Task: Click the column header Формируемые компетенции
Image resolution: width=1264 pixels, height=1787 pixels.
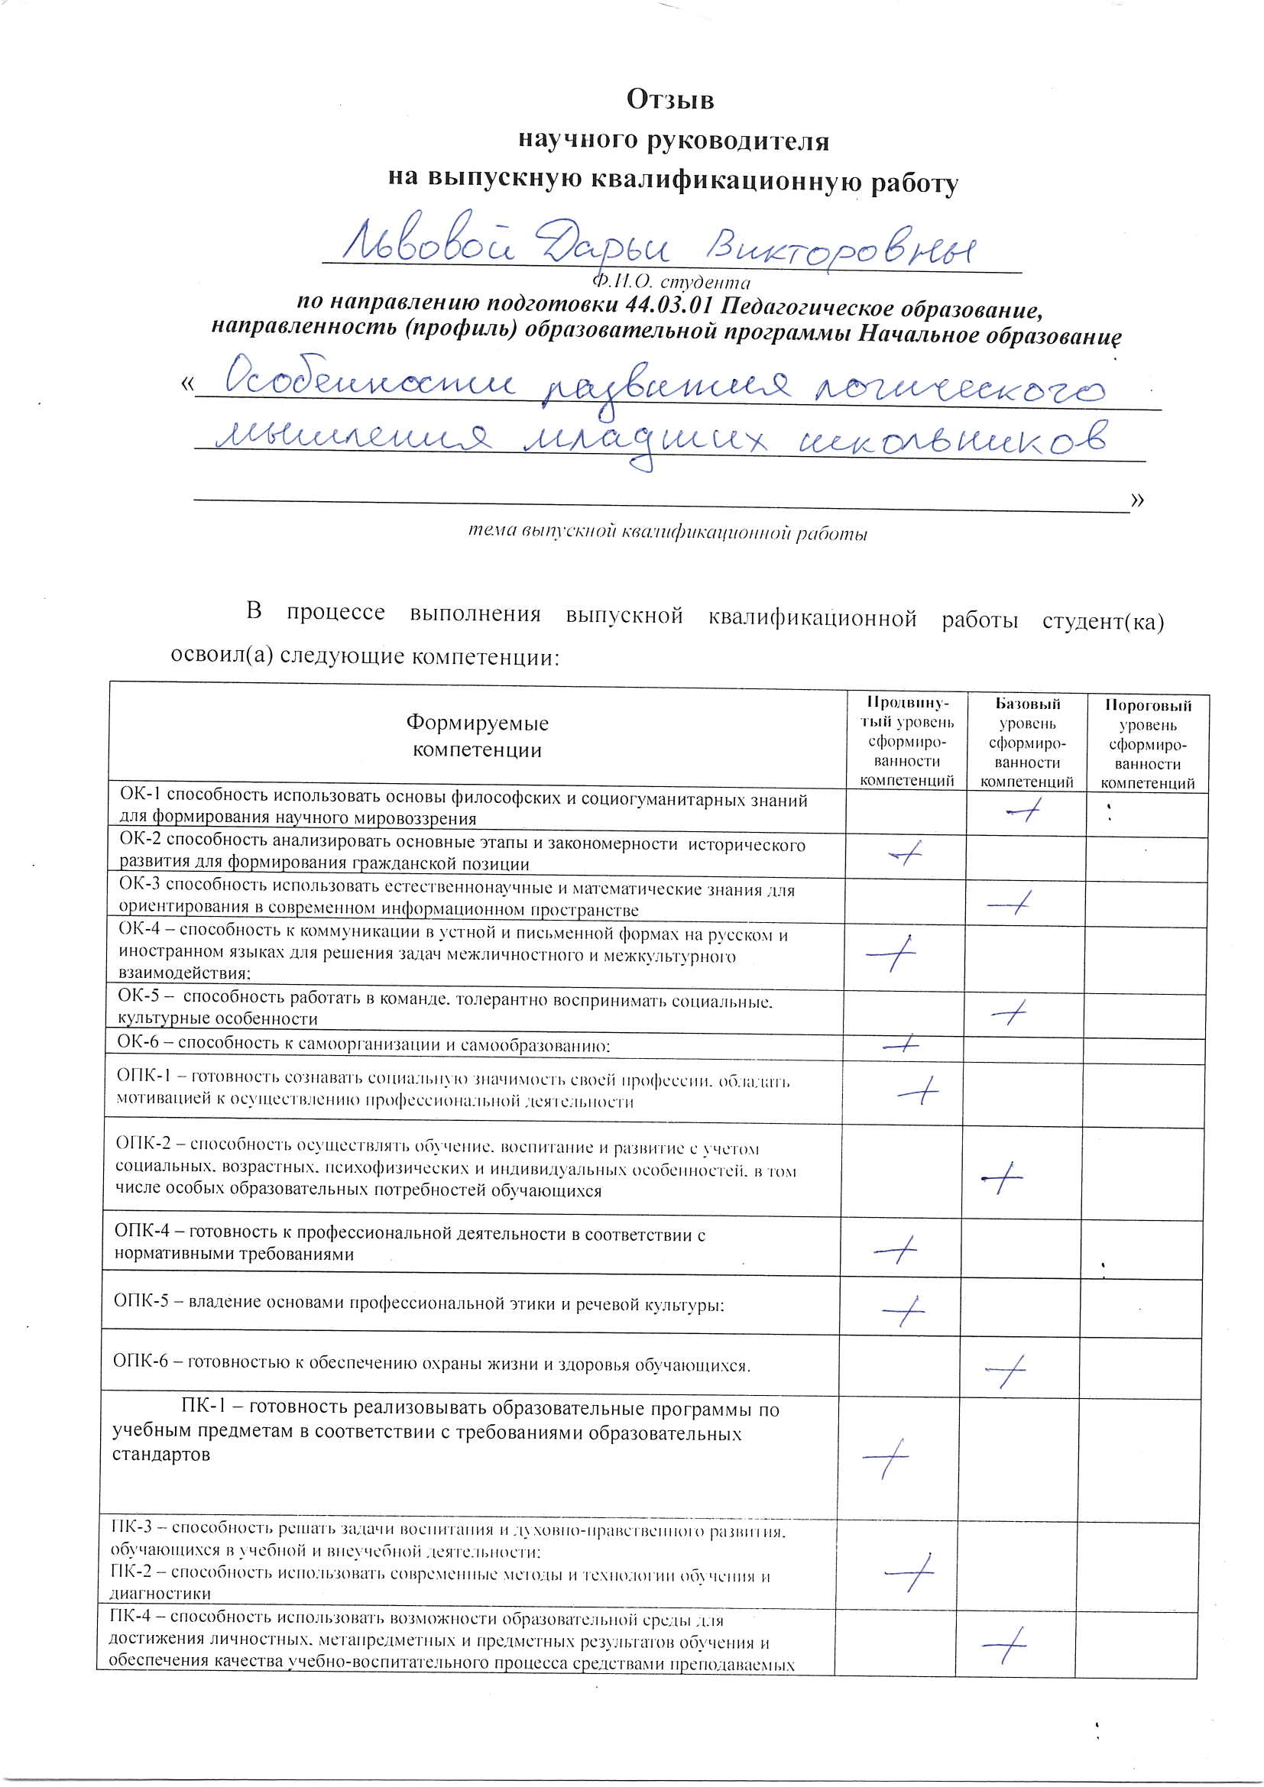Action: tap(476, 736)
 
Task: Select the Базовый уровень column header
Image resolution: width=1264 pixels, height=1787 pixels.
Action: tap(1026, 743)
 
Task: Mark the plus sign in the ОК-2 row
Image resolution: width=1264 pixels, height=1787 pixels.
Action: tap(906, 855)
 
